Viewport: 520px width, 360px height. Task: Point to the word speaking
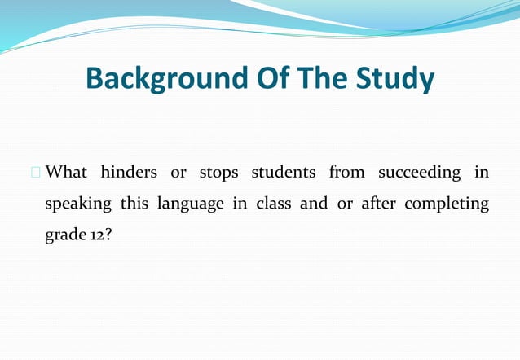pos(77,204)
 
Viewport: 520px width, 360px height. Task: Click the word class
pos(274,204)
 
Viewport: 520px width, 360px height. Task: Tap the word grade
pos(64,235)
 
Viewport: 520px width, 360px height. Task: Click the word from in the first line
pos(346,173)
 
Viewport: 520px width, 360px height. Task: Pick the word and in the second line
pos(314,204)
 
